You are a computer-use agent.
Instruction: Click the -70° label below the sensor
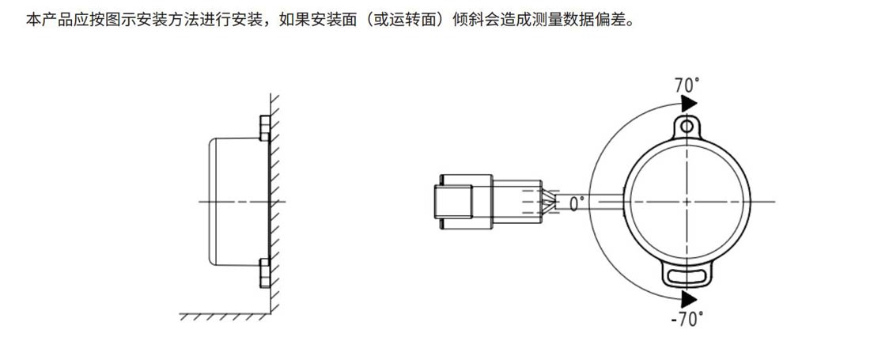(x=686, y=320)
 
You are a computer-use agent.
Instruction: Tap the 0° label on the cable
(x=577, y=203)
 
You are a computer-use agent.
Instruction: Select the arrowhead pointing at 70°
(x=689, y=104)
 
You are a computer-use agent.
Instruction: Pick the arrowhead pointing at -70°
(x=689, y=299)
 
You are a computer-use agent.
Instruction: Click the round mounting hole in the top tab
(x=687, y=125)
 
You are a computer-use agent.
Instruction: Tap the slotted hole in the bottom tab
(x=687, y=275)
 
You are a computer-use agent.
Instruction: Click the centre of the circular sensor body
(x=687, y=201)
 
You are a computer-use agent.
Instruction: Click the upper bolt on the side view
(x=265, y=128)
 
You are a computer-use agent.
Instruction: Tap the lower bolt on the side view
(x=265, y=272)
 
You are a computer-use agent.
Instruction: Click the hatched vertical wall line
(x=274, y=198)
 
